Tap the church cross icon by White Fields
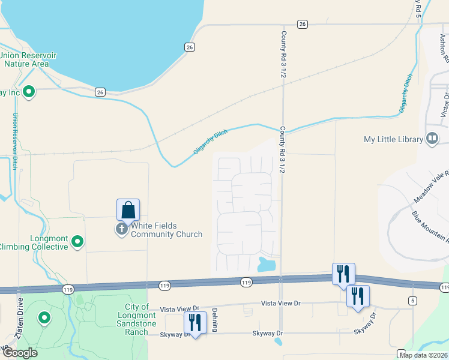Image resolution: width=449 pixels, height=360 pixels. click(x=122, y=229)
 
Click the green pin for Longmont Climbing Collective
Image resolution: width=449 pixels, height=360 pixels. click(x=77, y=242)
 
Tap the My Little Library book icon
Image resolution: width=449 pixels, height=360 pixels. click(x=432, y=139)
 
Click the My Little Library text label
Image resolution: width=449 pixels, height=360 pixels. click(x=394, y=140)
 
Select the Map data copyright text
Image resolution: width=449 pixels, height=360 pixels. click(x=424, y=355)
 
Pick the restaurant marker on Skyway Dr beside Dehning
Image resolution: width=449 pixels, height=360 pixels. click(x=195, y=323)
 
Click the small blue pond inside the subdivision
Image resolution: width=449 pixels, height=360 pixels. click(x=267, y=264)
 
